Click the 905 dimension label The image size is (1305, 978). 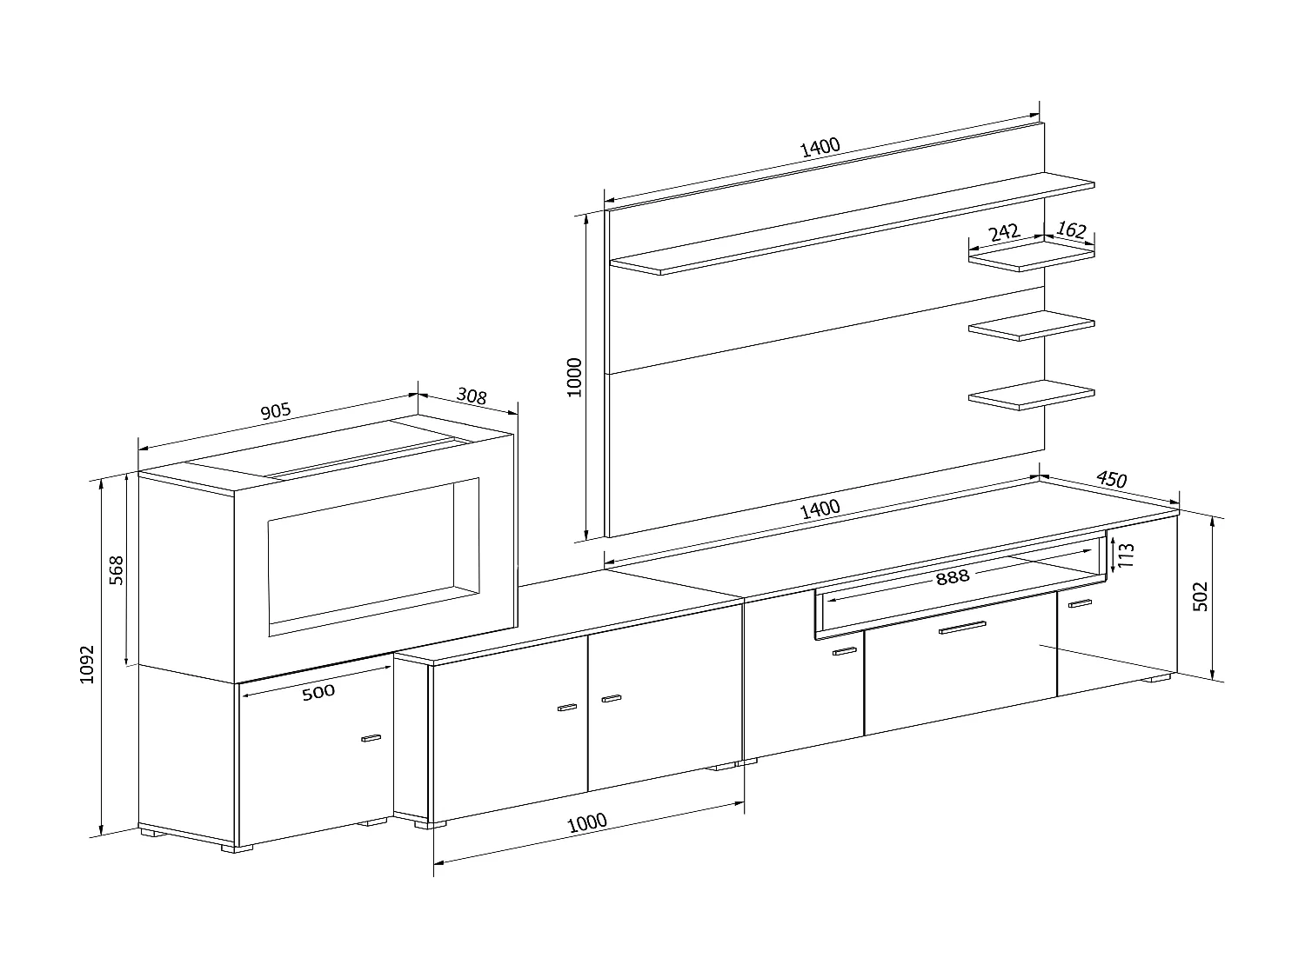click(x=275, y=412)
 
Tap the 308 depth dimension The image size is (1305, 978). click(x=471, y=396)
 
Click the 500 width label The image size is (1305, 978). click(x=318, y=692)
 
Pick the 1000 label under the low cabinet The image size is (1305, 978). click(x=588, y=822)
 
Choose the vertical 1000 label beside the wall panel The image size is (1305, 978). click(x=574, y=376)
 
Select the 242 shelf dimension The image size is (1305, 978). click(x=1004, y=233)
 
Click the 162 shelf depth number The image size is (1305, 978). click(x=1071, y=230)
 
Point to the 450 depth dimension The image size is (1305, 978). click(x=1111, y=479)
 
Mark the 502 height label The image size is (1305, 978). click(x=1200, y=596)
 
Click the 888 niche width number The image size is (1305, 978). click(x=953, y=576)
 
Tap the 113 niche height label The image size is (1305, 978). click(x=1126, y=555)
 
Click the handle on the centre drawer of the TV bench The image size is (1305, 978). click(x=961, y=628)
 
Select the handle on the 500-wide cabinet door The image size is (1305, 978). click(x=371, y=739)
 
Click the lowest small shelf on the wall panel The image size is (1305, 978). click(x=1032, y=396)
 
